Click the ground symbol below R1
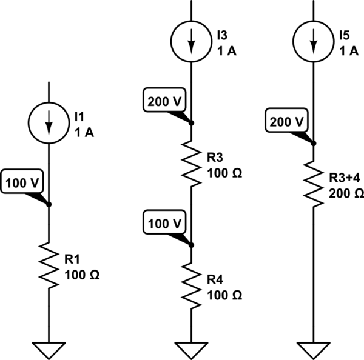tap(49, 348)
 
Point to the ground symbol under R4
tap(191, 348)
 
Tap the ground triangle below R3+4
tap(313, 348)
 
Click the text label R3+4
tap(345, 179)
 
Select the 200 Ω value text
tap(346, 194)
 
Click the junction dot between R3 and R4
tap(191, 245)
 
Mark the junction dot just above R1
tap(49, 204)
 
